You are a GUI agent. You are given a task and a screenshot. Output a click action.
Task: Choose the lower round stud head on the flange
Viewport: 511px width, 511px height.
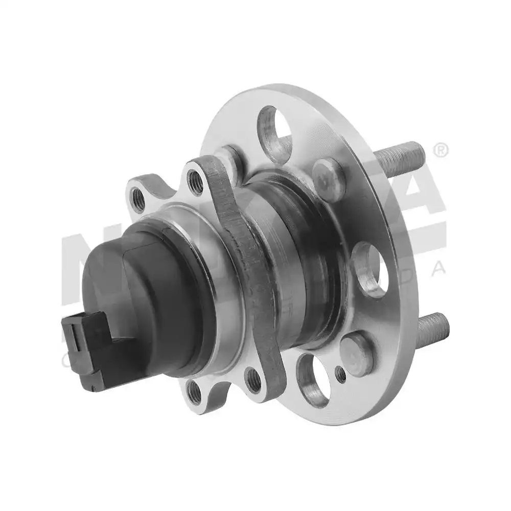pyautogui.click(x=357, y=353)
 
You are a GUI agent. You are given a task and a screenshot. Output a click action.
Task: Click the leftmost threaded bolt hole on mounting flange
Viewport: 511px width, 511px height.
pyautogui.click(x=138, y=199)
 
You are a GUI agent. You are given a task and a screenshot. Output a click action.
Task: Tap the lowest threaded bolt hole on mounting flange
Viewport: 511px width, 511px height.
pyautogui.click(x=195, y=392)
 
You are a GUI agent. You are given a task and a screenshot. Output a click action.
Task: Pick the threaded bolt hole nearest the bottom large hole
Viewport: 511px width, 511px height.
pyautogui.click(x=254, y=380)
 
